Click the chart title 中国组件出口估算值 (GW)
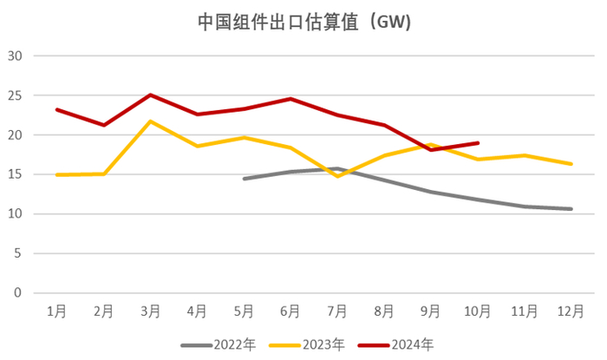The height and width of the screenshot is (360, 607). click(x=303, y=22)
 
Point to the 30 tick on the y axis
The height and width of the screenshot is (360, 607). click(x=16, y=56)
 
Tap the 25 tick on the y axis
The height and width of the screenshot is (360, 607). click(x=16, y=95)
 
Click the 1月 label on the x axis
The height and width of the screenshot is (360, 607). click(x=56, y=310)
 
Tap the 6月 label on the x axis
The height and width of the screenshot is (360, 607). click(x=290, y=310)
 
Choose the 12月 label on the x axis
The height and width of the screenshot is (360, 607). click(x=571, y=310)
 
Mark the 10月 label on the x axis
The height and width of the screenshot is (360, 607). click(x=478, y=310)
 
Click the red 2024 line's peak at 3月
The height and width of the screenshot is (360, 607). click(x=150, y=95)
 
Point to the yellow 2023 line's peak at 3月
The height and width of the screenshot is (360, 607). click(x=150, y=121)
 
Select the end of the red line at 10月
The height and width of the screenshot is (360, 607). click(x=478, y=143)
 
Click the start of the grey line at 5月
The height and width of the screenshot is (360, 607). click(x=244, y=179)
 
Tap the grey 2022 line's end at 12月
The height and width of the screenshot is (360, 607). click(x=571, y=209)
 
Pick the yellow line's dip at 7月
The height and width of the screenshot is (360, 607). click(x=337, y=176)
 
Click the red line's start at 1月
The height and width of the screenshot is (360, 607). click(x=56, y=110)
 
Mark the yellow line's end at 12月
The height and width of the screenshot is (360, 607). click(x=571, y=164)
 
